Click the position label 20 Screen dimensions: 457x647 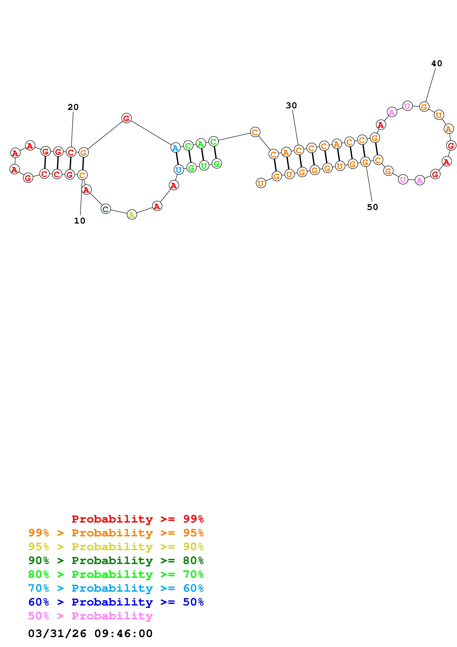(x=73, y=107)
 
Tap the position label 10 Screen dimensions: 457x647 (x=80, y=221)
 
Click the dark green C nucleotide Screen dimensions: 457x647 (x=106, y=209)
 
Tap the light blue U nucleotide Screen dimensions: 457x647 (x=178, y=170)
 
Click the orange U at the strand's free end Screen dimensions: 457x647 (x=261, y=183)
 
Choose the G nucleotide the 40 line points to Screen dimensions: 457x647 (x=424, y=107)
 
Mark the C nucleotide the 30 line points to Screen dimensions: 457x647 (x=299, y=150)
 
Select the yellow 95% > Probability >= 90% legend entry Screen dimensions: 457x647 (x=116, y=547)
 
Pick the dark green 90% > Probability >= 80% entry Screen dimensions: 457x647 (x=116, y=560)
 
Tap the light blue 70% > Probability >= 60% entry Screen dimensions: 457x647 (x=116, y=588)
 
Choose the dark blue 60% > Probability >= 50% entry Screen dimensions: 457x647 (x=116, y=602)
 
